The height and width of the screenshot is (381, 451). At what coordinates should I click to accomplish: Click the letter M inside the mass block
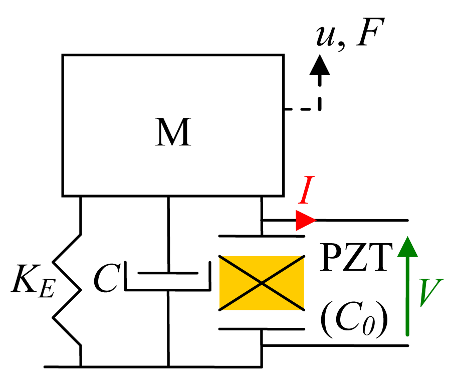click(173, 132)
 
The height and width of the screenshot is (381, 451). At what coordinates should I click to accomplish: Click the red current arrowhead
click(305, 220)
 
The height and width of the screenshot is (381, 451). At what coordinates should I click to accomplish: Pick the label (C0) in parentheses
click(354, 321)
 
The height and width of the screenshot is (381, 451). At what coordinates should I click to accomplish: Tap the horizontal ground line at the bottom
click(150, 366)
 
